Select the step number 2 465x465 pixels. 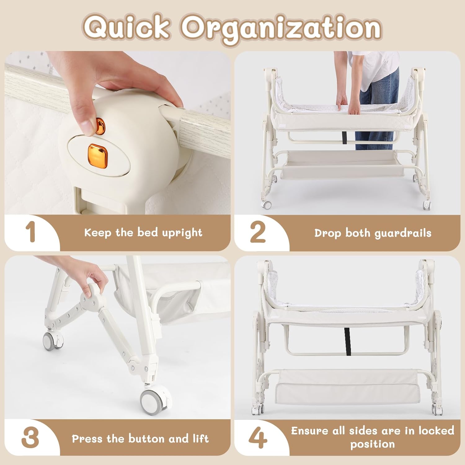click(x=258, y=232)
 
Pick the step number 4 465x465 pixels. click(x=258, y=438)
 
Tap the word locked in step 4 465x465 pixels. click(x=436, y=431)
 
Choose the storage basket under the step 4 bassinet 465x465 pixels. click(x=347, y=387)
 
